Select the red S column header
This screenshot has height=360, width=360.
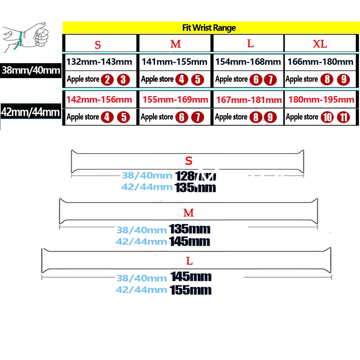98,45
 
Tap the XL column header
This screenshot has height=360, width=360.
320,44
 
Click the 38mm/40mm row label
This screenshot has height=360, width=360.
31,70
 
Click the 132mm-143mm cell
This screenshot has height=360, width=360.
100,62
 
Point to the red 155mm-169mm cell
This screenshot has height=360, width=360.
175,99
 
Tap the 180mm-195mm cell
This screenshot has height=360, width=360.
321,99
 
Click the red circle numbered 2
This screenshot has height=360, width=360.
107,79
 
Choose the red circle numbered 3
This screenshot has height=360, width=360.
123,79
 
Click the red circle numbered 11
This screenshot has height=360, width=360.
343,117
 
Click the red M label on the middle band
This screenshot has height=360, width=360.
189,213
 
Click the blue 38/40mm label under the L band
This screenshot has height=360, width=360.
141,278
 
